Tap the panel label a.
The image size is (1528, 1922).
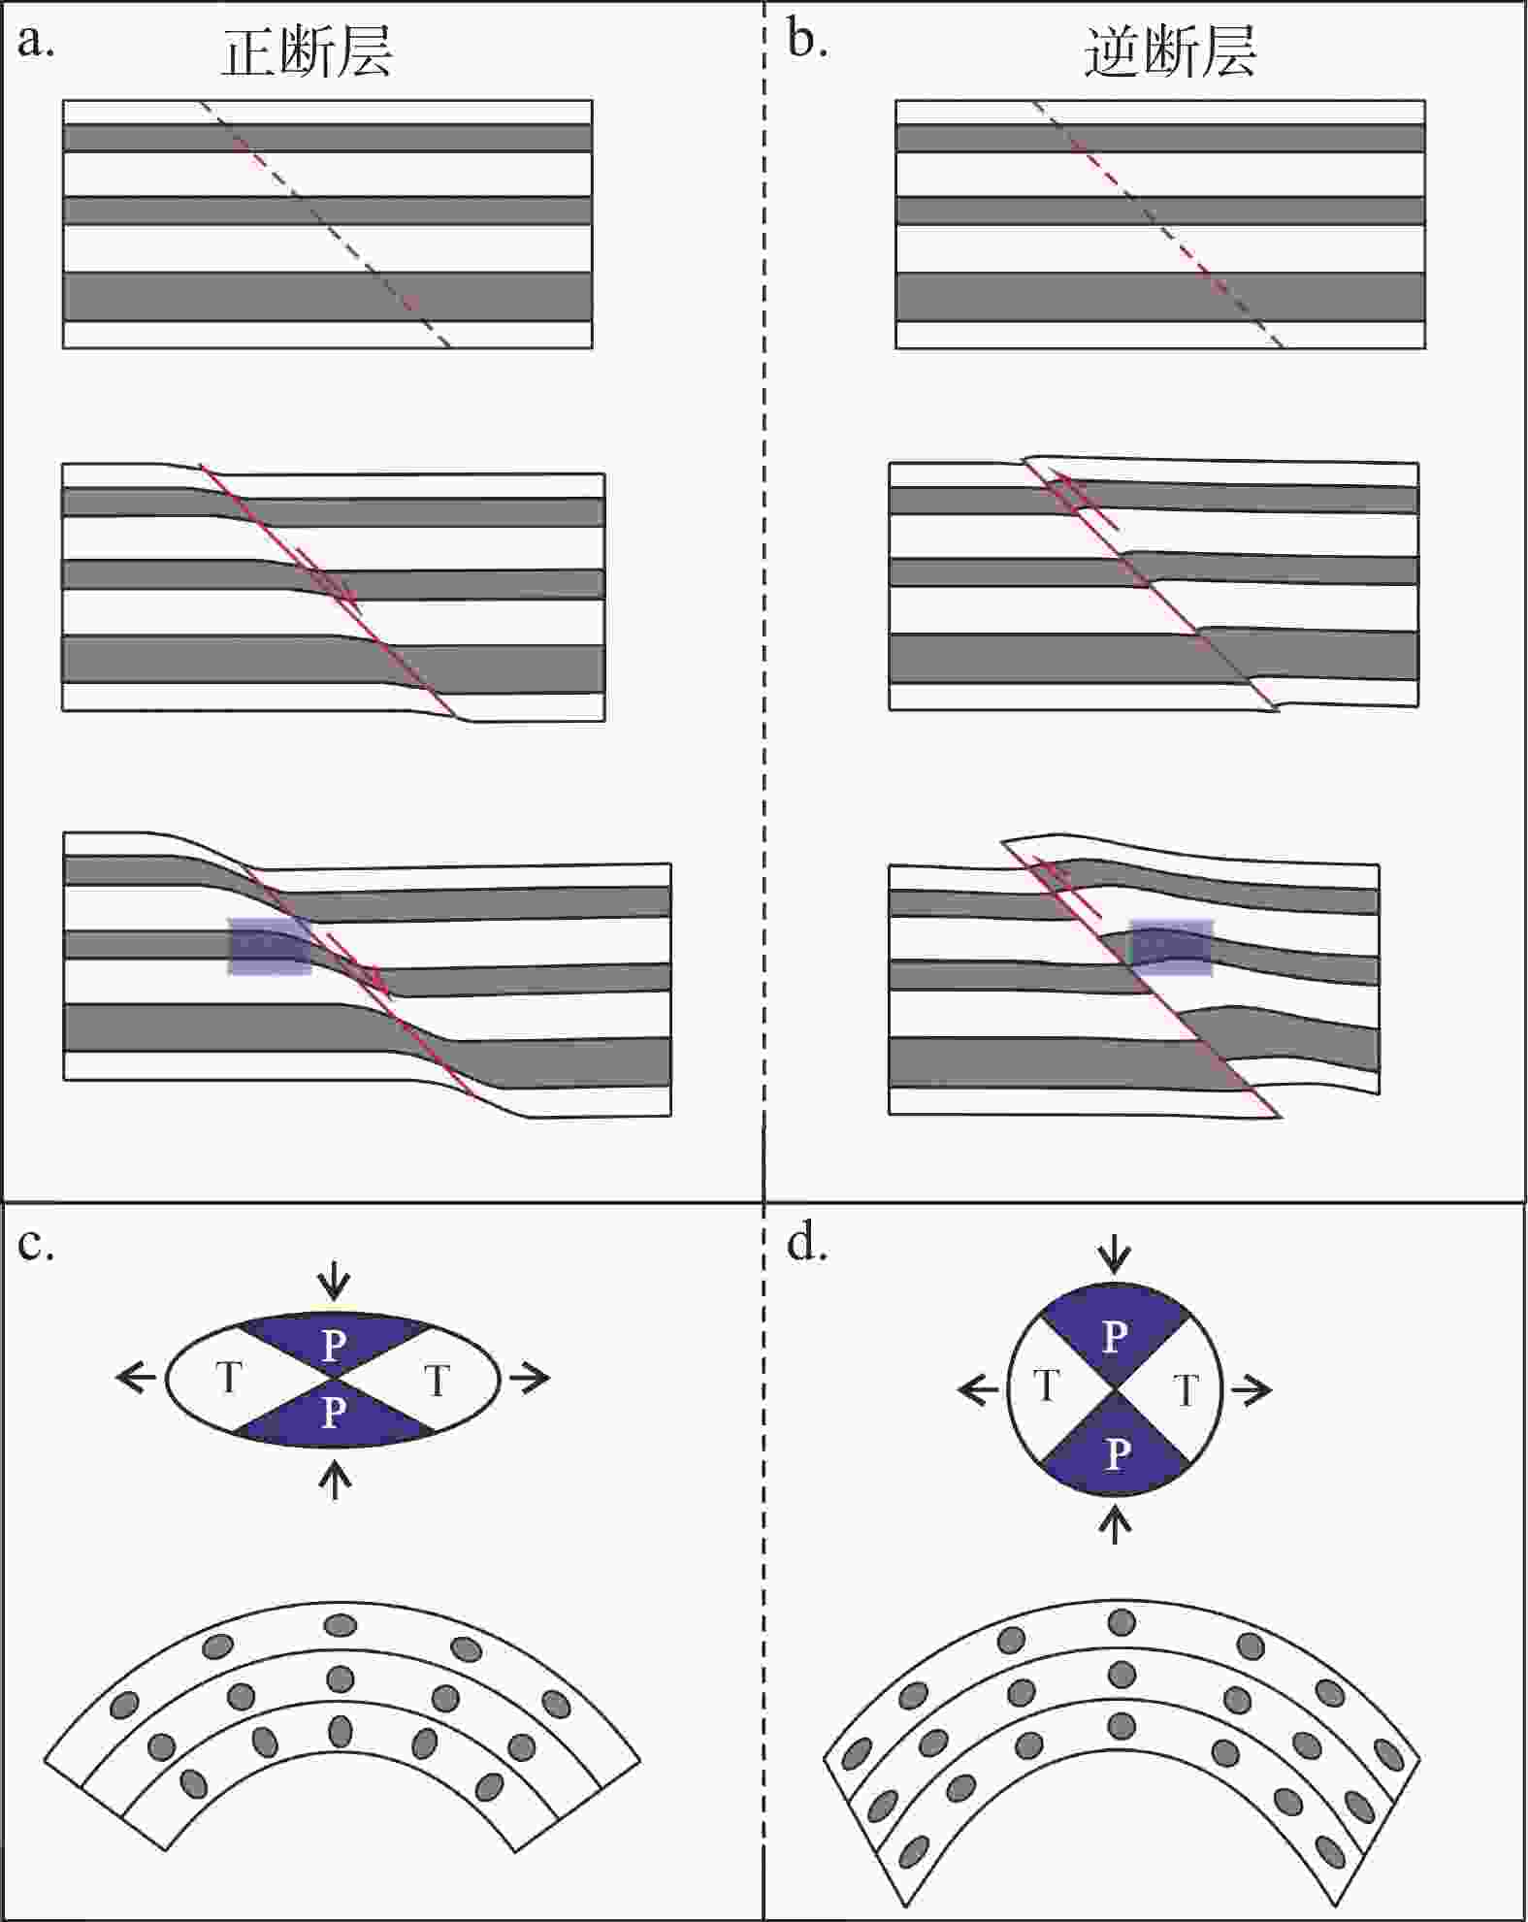point(35,41)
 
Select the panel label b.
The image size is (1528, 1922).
point(806,41)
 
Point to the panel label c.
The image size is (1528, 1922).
point(35,1244)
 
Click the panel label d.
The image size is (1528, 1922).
point(806,1244)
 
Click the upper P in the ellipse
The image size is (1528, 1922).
point(333,1345)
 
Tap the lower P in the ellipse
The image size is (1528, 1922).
point(333,1413)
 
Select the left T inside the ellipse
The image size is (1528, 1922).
point(229,1378)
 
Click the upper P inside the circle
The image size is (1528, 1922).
point(1115,1338)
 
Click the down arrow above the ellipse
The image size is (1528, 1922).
point(335,1282)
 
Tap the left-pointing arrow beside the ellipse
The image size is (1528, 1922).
point(136,1377)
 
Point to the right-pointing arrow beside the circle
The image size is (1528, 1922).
point(1252,1390)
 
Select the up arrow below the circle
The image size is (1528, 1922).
point(1117,1524)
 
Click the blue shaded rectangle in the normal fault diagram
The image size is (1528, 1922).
point(270,946)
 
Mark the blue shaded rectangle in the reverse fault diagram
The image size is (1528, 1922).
point(1172,947)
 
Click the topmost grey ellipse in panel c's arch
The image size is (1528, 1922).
point(340,1624)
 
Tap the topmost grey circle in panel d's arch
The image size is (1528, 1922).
point(1122,1621)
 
